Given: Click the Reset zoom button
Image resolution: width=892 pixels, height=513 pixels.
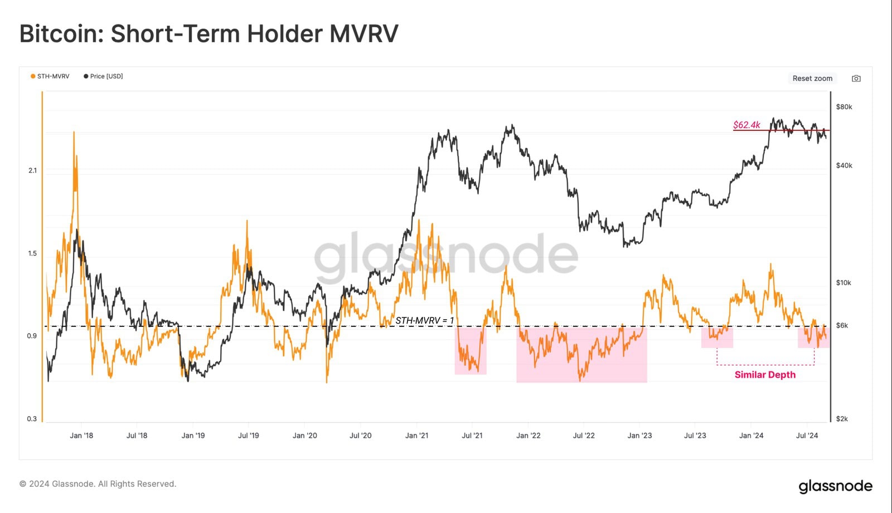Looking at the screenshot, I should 812,79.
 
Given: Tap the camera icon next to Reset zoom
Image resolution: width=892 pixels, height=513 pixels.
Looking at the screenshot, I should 856,79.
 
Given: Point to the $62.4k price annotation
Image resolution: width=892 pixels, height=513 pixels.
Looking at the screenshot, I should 746,125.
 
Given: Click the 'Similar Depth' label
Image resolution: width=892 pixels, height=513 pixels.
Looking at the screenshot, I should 765,375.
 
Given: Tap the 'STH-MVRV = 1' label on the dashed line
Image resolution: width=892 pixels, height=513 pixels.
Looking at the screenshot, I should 424,320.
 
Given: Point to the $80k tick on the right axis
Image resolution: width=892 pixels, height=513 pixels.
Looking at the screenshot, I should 843,107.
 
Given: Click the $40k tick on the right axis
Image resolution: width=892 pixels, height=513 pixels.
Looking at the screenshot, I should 843,165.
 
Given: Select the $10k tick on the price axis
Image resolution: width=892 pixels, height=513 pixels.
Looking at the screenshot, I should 843,283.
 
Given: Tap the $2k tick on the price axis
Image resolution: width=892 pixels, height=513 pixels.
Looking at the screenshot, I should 841,419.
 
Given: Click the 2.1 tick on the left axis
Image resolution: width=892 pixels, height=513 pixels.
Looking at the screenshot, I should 32,170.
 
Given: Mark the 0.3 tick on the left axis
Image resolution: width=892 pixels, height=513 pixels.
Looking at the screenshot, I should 32,419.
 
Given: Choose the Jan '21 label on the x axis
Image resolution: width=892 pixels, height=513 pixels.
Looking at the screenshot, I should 416,436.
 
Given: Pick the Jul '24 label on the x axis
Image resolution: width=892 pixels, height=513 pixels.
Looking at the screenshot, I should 807,436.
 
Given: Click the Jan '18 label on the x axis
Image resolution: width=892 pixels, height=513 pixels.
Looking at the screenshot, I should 81,436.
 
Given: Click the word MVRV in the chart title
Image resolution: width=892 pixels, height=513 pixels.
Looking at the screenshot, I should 363,33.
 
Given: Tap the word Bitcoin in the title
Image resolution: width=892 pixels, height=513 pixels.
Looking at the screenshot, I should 58,33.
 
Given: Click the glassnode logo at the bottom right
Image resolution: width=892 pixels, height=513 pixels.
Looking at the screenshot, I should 835,486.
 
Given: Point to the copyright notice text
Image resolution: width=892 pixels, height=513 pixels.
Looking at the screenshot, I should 98,484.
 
